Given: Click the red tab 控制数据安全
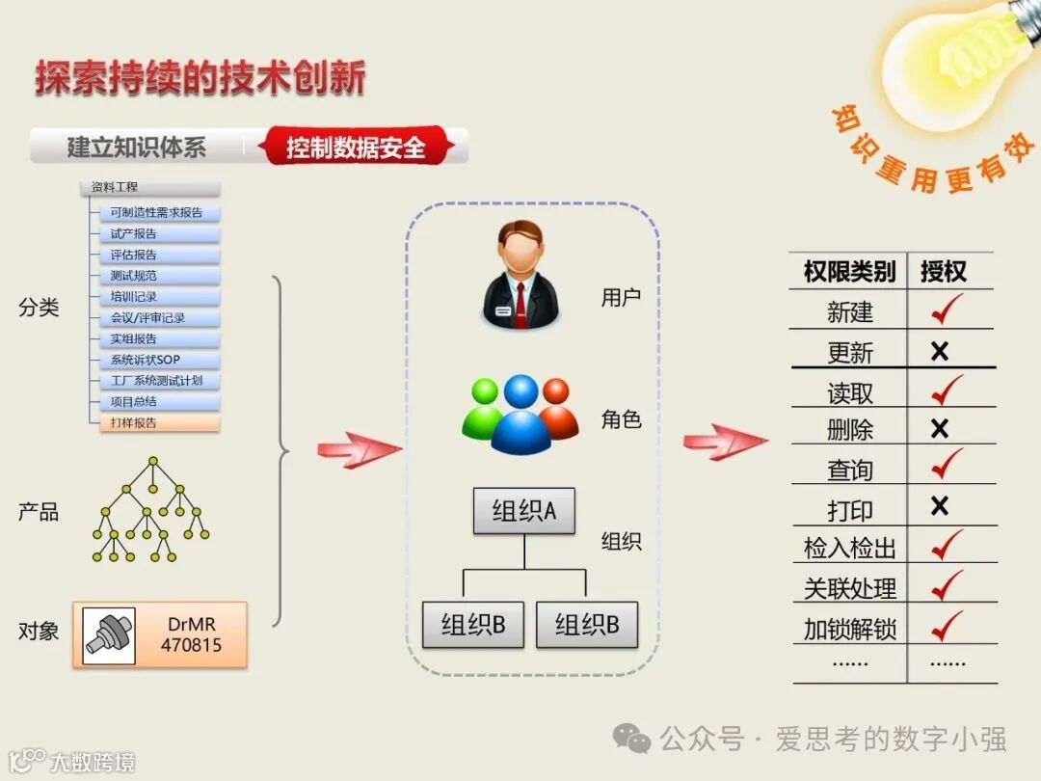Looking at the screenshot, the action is point(356,148).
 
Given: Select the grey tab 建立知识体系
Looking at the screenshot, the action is point(136,148).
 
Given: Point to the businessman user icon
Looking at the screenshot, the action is point(520,274).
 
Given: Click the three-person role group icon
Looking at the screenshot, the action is point(520,413).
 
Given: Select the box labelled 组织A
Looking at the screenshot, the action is point(523,511).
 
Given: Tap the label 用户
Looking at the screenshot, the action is point(621,298).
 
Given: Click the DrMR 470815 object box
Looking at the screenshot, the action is point(160,634).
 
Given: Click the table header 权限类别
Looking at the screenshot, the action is point(849,272).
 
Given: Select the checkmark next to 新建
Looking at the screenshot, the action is point(947,310).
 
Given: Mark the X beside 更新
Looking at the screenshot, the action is point(940,351).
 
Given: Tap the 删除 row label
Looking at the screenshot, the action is point(849,429).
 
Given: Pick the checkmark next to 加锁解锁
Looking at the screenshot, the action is point(947,627).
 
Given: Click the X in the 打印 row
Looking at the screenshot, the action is point(940,506).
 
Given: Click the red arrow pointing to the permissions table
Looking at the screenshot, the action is point(725,442).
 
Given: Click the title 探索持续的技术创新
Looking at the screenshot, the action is point(200,78).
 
